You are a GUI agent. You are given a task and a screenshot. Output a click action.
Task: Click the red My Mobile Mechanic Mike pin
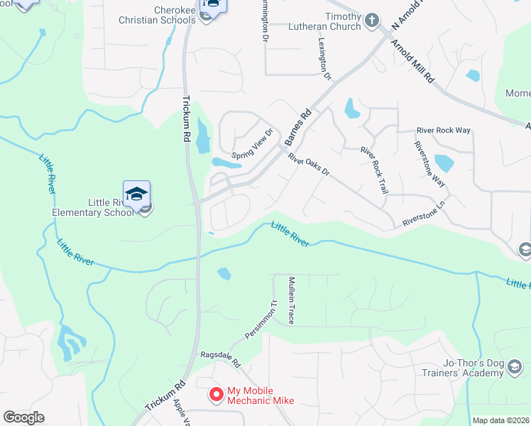click(x=216, y=393)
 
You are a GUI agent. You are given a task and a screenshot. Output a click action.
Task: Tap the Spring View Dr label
click(x=253, y=143)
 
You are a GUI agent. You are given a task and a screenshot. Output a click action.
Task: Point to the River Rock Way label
click(x=444, y=131)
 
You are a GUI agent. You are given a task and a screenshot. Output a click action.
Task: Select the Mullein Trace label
click(x=291, y=302)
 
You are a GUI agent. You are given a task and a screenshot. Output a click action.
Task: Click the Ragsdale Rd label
click(x=220, y=356)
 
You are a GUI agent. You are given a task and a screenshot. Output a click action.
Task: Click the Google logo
click(x=23, y=417)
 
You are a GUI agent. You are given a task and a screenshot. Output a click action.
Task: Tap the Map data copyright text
click(x=500, y=420)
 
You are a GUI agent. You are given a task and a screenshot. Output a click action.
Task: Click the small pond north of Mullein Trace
click(x=224, y=273)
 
